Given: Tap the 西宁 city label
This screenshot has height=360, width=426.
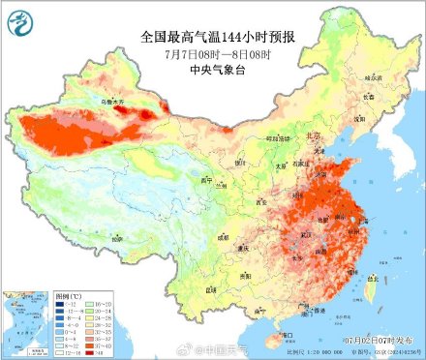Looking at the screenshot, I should point(205,180).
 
